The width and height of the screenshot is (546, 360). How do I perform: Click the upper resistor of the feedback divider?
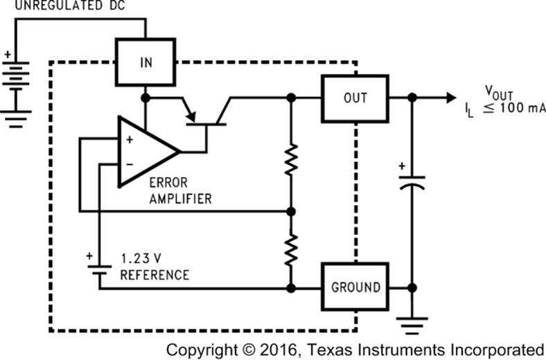(292, 160)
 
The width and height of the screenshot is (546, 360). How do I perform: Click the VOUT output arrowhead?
(450, 98)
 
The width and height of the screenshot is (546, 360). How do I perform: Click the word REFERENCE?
(155, 274)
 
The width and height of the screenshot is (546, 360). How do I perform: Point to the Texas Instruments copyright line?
(355, 349)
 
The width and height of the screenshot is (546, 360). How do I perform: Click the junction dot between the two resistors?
(292, 210)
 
